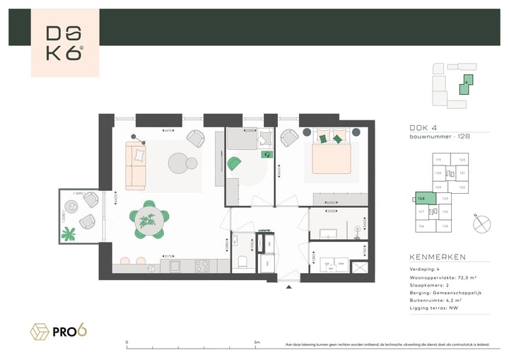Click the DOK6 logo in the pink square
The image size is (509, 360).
click(64, 43)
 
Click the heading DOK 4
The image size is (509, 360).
click(424, 127)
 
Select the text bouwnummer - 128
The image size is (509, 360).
click(440, 137)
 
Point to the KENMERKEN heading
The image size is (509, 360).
click(437, 257)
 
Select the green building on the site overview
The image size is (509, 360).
click(465, 86)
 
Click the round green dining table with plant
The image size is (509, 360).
click(149, 221)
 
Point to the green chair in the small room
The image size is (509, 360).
click(235, 163)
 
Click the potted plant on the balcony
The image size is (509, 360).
click(69, 233)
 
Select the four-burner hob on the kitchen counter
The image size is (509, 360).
click(200, 266)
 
